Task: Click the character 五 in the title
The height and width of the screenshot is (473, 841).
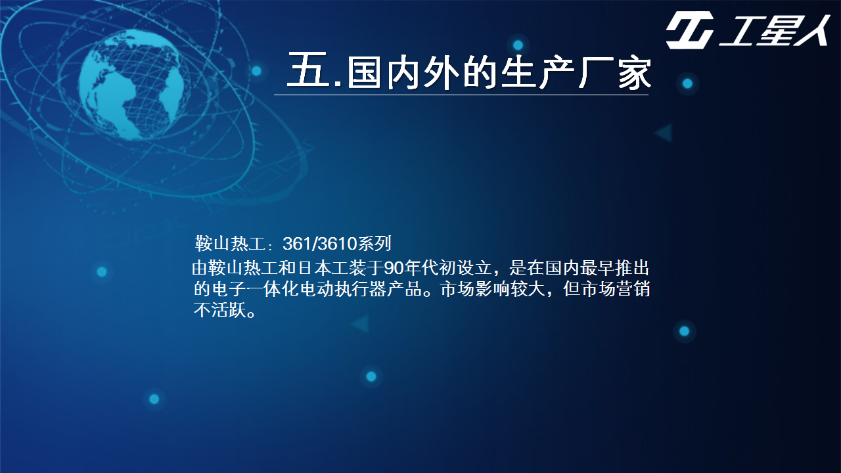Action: tap(308, 70)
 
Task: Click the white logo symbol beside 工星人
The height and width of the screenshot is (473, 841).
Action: tap(689, 30)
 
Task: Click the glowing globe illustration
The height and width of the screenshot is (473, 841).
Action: tap(131, 85)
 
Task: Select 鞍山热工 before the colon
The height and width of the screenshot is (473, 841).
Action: tap(230, 244)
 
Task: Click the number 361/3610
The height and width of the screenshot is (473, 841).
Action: tap(319, 244)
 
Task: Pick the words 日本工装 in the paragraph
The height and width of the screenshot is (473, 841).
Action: tap(332, 268)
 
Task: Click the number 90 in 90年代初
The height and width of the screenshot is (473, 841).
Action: tap(394, 268)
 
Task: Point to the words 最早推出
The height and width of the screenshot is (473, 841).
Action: tap(614, 268)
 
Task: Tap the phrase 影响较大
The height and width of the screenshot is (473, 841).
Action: tap(510, 289)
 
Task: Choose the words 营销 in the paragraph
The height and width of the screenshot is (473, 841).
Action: tap(633, 289)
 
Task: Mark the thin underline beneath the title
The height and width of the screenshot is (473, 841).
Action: tap(461, 95)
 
